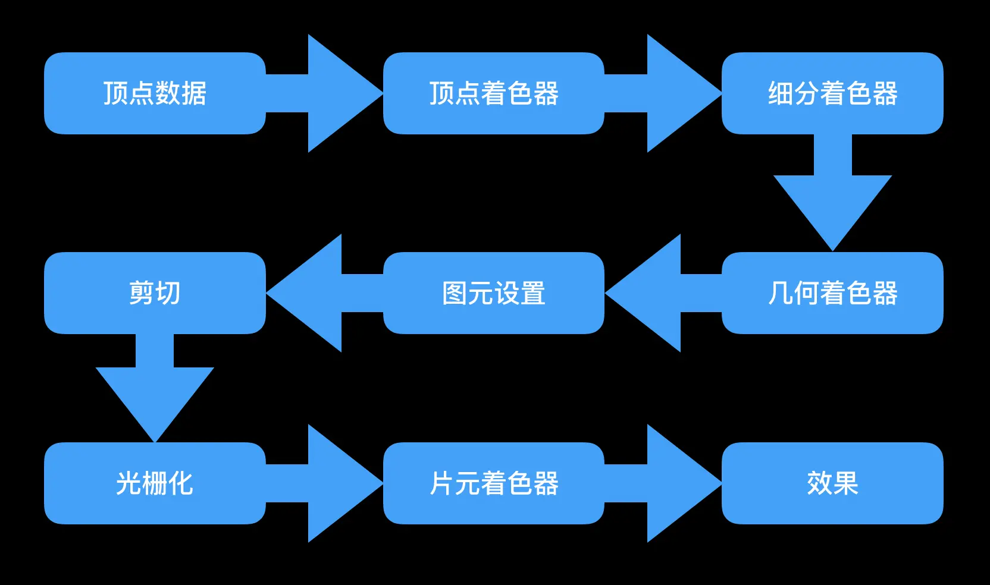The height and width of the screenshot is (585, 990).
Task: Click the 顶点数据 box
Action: point(155,93)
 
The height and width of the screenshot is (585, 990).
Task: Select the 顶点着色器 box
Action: point(494,93)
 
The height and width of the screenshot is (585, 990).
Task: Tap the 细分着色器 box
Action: point(832,93)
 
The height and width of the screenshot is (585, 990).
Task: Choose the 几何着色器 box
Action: point(832,293)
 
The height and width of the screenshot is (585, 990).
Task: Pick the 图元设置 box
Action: point(494,293)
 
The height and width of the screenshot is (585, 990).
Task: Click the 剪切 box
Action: point(155,293)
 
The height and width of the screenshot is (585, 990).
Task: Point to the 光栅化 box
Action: point(155,483)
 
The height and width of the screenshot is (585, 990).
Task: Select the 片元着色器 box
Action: point(494,483)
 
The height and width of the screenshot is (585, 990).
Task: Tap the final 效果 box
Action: point(832,483)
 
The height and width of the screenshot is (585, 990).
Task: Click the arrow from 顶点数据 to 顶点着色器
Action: point(333,93)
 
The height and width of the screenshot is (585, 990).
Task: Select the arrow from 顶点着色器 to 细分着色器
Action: point(672,93)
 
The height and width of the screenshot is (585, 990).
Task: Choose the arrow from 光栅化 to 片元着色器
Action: point(333,483)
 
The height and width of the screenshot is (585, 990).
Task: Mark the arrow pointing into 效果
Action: point(672,483)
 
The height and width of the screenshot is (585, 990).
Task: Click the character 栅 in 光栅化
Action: point(155,483)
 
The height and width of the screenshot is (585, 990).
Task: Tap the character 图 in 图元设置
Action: point(455,293)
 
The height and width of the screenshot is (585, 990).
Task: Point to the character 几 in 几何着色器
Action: point(780,293)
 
